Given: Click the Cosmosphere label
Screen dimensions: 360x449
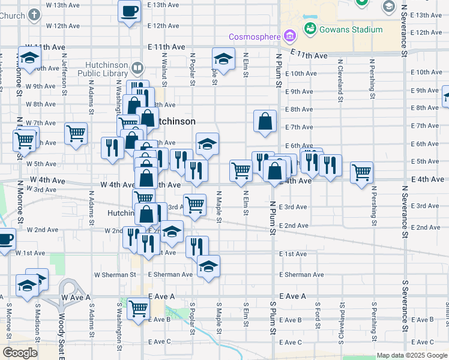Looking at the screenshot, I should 255,37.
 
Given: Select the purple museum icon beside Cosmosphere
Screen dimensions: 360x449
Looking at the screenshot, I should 290,37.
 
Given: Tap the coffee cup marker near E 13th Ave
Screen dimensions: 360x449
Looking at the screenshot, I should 130,10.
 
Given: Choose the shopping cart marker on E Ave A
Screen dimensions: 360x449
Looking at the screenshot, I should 139,308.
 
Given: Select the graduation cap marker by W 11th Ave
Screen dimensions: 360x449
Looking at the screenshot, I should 28,58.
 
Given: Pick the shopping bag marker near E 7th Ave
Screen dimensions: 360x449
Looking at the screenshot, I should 265,121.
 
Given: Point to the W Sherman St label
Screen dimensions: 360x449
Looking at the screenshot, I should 115,275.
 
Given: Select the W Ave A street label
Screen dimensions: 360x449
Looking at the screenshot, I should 76,297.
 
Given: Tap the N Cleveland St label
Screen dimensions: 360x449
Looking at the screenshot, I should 340,78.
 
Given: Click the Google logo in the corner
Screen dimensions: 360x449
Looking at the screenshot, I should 20,353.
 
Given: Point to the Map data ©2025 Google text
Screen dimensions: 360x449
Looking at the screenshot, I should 412,355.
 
